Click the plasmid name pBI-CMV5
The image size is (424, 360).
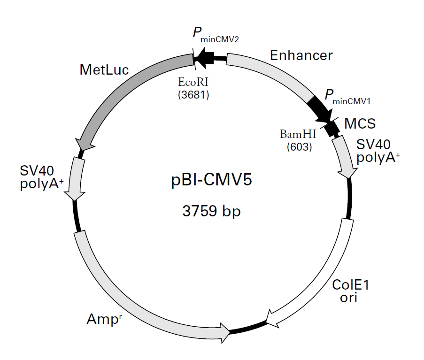(x=211, y=180)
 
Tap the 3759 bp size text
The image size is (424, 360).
(x=211, y=211)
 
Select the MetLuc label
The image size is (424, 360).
(x=104, y=70)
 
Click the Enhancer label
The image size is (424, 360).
(x=301, y=55)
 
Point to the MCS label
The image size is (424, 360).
(x=360, y=123)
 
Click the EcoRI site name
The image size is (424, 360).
(x=193, y=82)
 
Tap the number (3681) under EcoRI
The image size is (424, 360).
(x=193, y=95)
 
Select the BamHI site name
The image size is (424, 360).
(x=298, y=134)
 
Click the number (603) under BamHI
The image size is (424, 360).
(x=300, y=147)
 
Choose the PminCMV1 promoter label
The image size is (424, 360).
(x=347, y=97)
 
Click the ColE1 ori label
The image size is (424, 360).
(x=350, y=291)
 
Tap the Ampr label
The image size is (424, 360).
(x=104, y=319)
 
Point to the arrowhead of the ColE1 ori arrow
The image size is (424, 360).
(x=271, y=319)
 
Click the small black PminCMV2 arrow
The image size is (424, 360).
(x=205, y=58)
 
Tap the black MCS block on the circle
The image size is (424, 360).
(x=332, y=129)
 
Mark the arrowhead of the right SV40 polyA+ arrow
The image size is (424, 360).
(x=348, y=172)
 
